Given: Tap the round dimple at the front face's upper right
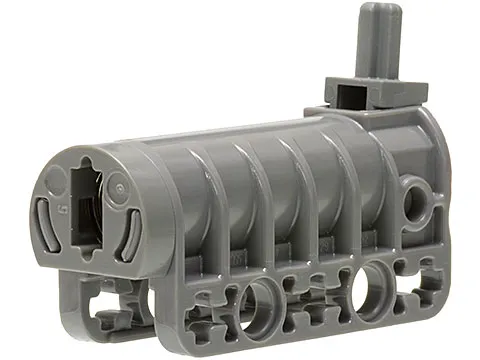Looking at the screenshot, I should (x=117, y=186).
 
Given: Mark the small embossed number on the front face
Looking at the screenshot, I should (x=62, y=211).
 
